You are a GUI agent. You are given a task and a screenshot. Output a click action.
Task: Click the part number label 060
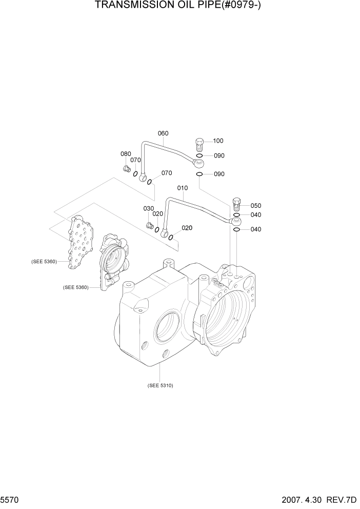[163, 133]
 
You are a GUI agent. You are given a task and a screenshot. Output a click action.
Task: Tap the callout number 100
[218, 141]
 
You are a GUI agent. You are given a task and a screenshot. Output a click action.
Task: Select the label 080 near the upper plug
[126, 154]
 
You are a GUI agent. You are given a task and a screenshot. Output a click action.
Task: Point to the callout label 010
[183, 188]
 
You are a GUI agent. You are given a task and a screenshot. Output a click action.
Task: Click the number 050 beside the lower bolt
[255, 205]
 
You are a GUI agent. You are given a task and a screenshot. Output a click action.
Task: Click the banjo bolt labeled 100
[200, 143]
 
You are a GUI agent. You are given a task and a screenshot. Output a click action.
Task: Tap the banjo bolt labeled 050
[237, 204]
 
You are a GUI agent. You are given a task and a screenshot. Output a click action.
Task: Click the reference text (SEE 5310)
[160, 385]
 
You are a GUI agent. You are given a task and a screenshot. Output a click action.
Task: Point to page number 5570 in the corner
[10, 499]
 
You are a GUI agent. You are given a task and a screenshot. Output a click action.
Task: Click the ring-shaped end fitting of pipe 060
[198, 163]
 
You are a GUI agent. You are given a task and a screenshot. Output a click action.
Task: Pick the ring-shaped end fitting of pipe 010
[235, 222]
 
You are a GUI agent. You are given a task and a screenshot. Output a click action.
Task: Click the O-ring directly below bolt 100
[199, 155]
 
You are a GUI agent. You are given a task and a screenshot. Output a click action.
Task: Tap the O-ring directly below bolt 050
[236, 215]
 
